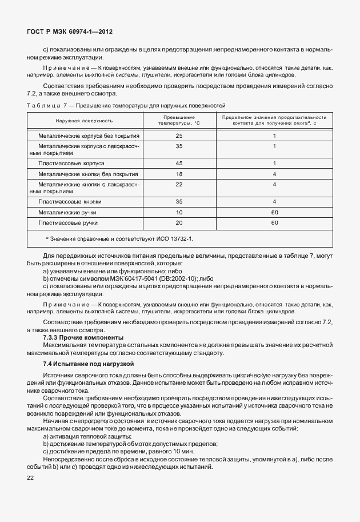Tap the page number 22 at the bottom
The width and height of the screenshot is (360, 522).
[x=30, y=477]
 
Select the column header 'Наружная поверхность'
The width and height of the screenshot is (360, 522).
[x=84, y=121]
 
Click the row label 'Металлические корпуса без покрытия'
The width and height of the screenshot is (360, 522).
[x=89, y=136]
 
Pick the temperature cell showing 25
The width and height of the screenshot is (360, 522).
[x=179, y=136]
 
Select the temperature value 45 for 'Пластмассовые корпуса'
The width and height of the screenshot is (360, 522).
[x=179, y=163]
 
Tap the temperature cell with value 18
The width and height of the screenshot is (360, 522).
[x=179, y=173]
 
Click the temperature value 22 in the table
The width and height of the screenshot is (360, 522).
[x=179, y=184]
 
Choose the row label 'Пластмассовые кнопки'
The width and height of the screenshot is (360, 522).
[x=69, y=201]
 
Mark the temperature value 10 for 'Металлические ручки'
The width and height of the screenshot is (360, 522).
[x=179, y=212]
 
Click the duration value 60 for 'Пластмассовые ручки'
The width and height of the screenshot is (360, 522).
[x=274, y=222]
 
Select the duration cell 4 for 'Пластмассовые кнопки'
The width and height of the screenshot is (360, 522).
[x=274, y=201]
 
